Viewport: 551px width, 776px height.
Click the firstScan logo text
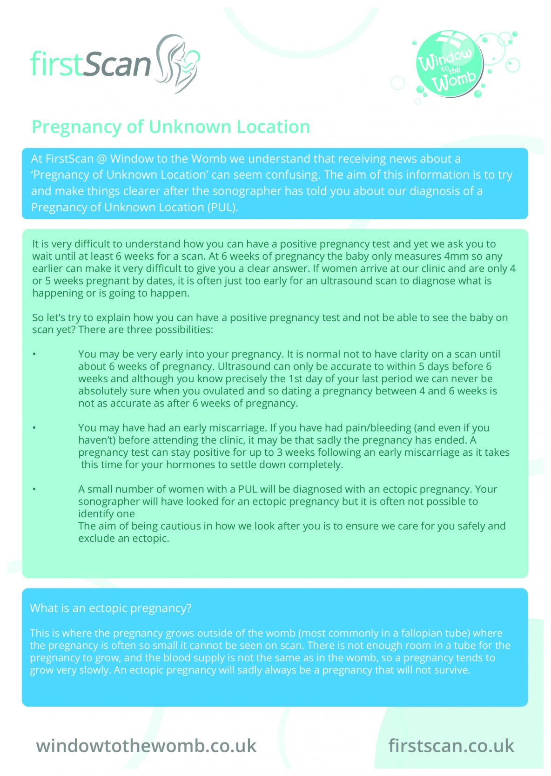(x=91, y=64)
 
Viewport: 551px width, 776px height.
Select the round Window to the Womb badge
(x=449, y=64)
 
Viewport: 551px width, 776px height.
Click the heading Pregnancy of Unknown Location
(x=171, y=127)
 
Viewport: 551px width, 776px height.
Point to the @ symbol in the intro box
(x=101, y=159)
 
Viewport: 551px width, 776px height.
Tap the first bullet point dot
(x=34, y=354)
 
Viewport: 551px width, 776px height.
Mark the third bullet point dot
(x=34, y=489)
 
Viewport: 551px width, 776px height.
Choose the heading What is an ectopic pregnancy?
(x=111, y=608)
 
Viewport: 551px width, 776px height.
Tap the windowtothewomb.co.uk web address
(x=146, y=746)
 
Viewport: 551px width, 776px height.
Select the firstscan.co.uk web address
(x=451, y=746)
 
